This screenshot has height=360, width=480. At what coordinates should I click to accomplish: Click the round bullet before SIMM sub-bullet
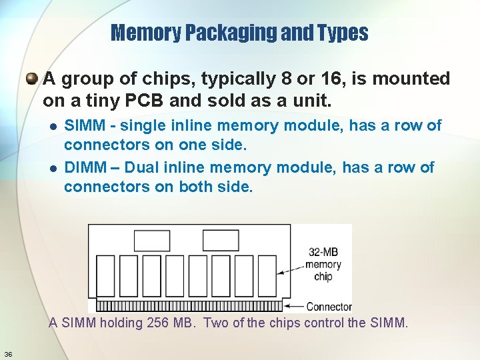pos(54,126)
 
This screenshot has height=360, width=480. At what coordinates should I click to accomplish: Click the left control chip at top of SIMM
pos(152,240)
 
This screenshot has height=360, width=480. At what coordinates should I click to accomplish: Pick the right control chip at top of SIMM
pos(220,240)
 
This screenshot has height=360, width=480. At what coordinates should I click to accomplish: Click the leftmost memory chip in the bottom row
pos(106,274)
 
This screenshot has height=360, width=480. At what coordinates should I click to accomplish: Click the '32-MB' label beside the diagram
pos(323,252)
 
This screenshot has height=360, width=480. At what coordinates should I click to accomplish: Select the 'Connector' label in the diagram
pos(329,307)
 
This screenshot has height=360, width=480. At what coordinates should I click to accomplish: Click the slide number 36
pos(8,353)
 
